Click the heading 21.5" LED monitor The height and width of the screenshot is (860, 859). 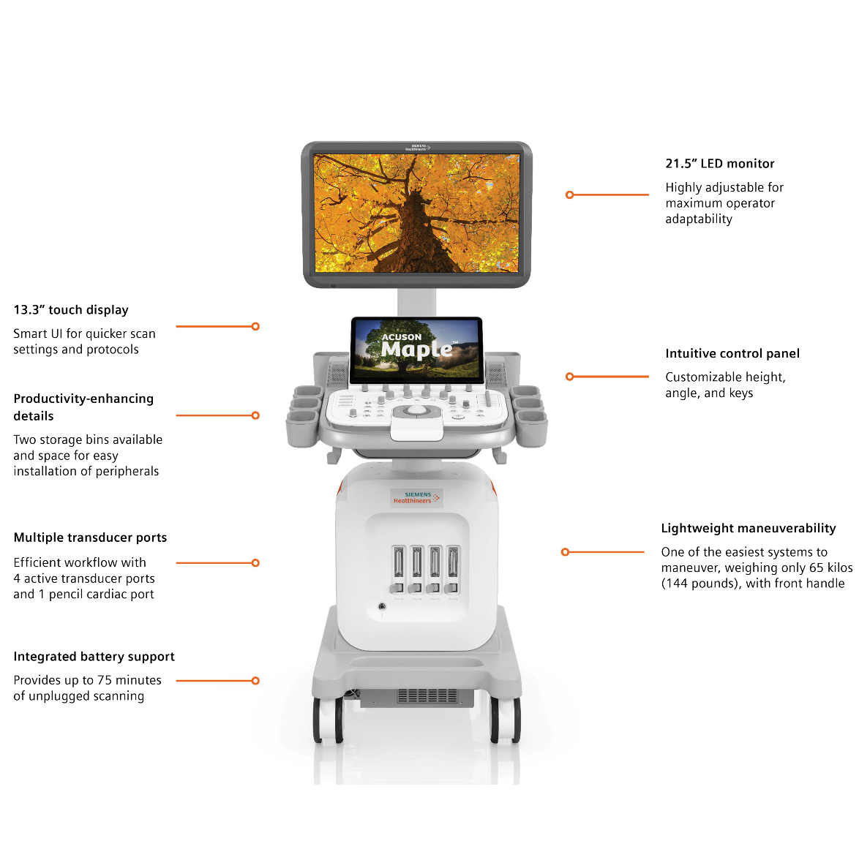pos(719,164)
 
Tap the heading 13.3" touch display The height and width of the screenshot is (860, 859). pos(71,310)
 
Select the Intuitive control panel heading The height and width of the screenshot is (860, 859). pos(732,354)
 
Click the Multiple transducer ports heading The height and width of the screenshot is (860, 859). pos(90,537)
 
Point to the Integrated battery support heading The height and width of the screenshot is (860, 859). pos(94,657)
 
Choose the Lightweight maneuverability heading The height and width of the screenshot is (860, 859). pos(748,529)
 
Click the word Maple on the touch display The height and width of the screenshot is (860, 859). pos(416,350)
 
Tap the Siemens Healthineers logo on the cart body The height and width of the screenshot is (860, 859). pos(416,498)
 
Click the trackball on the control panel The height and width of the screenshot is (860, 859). pos(416,411)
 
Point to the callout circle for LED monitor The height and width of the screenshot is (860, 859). pos(569,195)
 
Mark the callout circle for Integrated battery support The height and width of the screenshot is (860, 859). pos(255,681)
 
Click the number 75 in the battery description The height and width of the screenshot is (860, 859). pos(105,680)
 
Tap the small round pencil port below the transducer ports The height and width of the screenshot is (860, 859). pos(381,606)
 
